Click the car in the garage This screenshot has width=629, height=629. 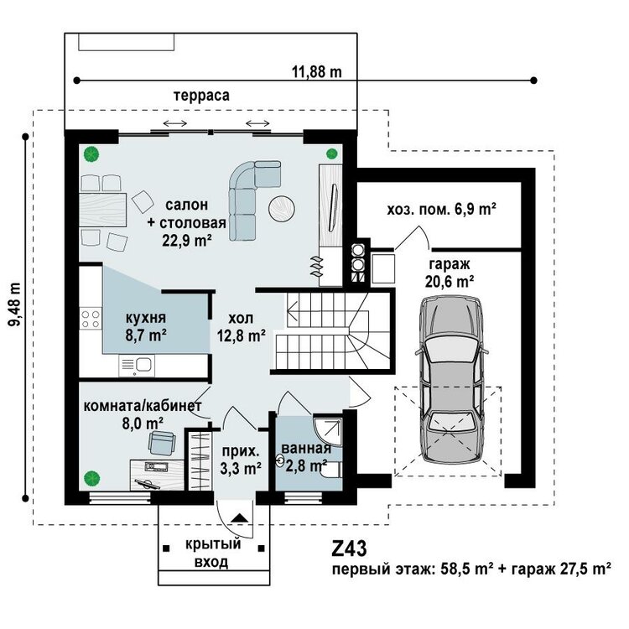(451, 380)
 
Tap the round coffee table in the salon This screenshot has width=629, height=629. (282, 208)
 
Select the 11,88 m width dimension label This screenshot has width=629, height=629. (316, 72)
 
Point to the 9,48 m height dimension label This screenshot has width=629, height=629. (15, 304)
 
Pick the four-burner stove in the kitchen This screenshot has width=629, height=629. (91, 319)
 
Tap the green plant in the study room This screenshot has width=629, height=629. (92, 478)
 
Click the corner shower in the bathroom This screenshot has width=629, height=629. (328, 433)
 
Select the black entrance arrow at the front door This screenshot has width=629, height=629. (240, 517)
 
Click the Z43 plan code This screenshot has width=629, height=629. (349, 548)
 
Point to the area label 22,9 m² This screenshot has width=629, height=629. (187, 241)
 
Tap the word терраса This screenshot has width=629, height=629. (202, 96)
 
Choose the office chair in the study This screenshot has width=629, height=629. (162, 443)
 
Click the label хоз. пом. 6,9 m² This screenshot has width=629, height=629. (441, 210)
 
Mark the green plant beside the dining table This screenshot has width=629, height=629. (92, 154)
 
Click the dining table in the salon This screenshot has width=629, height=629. (103, 210)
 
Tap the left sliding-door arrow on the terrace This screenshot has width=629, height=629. (175, 123)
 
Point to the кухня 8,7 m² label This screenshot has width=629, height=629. (146, 326)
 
